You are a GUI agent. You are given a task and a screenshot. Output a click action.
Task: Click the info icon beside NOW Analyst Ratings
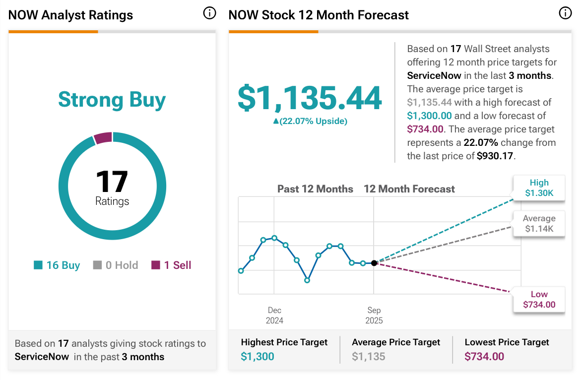click(x=210, y=13)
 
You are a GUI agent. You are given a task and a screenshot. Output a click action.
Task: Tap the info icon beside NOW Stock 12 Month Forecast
click(x=565, y=13)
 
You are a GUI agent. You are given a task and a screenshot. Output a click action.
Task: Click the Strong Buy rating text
click(x=112, y=100)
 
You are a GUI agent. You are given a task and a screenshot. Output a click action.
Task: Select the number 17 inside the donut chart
click(x=112, y=182)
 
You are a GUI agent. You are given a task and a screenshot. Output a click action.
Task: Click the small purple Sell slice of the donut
click(x=103, y=137)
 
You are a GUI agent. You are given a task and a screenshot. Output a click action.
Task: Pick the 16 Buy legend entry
click(x=57, y=265)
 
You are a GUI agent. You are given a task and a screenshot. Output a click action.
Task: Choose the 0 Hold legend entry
click(x=116, y=265)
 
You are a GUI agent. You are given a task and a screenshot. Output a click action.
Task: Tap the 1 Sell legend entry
click(x=171, y=265)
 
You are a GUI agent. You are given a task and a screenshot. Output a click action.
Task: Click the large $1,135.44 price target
click(x=310, y=98)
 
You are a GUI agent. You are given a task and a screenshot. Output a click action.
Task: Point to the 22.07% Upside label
click(x=310, y=121)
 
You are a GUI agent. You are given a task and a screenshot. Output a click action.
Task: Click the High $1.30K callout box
click(x=539, y=188)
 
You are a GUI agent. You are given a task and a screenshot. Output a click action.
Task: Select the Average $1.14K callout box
click(x=539, y=224)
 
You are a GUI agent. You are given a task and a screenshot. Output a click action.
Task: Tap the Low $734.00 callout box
click(x=539, y=300)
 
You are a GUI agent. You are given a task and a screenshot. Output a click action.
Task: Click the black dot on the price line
click(x=374, y=263)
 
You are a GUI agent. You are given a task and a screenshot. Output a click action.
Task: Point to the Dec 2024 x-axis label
click(x=274, y=316)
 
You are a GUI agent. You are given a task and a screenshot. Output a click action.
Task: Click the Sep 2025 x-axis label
click(x=374, y=316)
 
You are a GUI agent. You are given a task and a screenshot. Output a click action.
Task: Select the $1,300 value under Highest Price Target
click(x=258, y=356)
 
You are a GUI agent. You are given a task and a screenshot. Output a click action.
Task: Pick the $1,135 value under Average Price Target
click(x=368, y=356)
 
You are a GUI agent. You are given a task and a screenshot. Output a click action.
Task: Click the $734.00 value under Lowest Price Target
click(x=484, y=356)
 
